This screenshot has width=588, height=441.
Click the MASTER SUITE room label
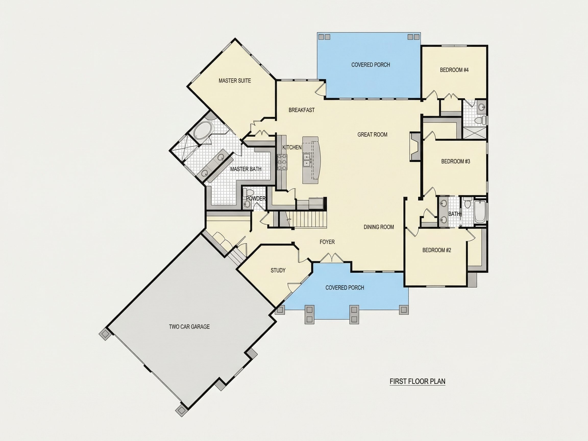[x=235, y=81]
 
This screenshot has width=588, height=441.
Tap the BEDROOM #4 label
[x=454, y=70]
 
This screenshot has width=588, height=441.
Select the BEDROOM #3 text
[x=456, y=161]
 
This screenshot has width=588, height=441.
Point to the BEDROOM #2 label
[x=437, y=250]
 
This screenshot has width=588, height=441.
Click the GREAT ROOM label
[x=372, y=134]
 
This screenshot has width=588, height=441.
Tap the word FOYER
[x=327, y=242]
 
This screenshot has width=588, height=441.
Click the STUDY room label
[x=278, y=270]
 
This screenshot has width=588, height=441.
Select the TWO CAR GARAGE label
[x=189, y=327]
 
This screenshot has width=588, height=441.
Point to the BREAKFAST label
[x=301, y=110]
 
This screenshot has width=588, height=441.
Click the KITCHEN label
[x=292, y=147]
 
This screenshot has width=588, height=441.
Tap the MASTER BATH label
[x=246, y=169]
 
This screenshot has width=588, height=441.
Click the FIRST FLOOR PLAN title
[x=417, y=382]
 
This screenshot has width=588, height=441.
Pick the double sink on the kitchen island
[x=307, y=160]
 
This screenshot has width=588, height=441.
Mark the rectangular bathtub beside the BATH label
[x=480, y=212]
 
